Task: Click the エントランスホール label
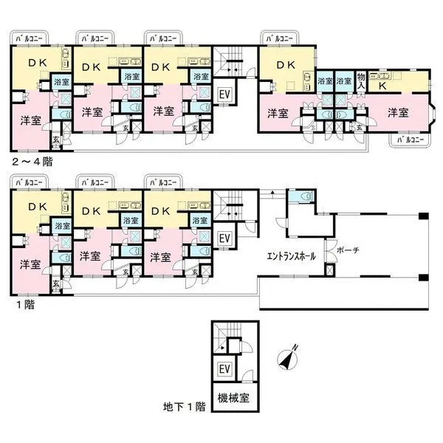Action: pyautogui.click(x=292, y=257)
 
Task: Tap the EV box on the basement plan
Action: pyautogui.click(x=222, y=370)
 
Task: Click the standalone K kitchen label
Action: pyautogui.click(x=383, y=86)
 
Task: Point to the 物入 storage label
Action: pyautogui.click(x=361, y=80)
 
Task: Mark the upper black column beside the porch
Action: pyautogui.click(x=425, y=216)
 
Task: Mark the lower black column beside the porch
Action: pyautogui.click(x=425, y=278)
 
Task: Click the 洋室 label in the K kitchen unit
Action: pyautogui.click(x=398, y=113)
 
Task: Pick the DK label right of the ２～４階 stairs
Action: pyautogui.click(x=285, y=65)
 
